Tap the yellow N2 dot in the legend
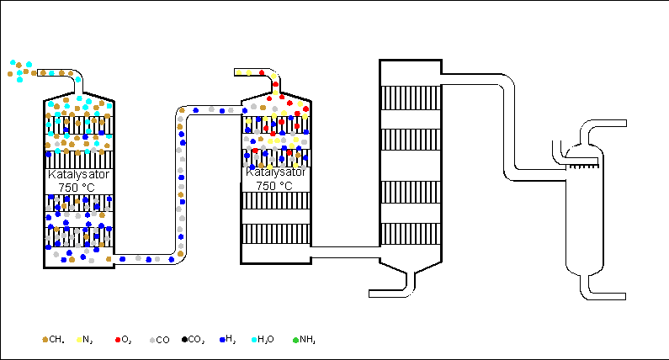pos(79,339)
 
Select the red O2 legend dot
pos(117,339)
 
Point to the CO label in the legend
pos(162,340)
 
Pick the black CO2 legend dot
pos(184,339)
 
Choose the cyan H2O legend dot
pos(255,339)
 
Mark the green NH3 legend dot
pos(295,339)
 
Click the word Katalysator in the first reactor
pos(78,175)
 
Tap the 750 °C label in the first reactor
pos(78,186)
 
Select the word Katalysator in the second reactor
pos(275,171)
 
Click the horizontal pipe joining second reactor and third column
pos(345,251)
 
